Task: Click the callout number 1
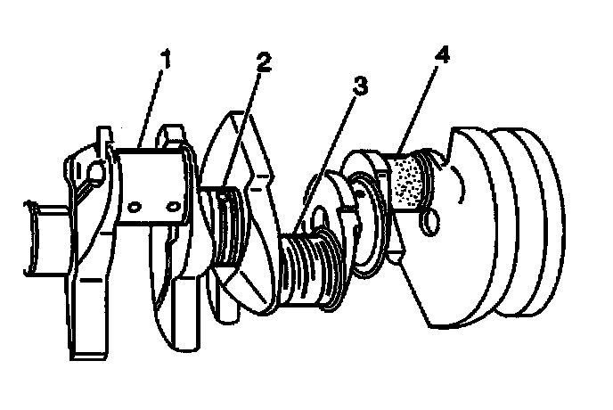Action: coord(166,59)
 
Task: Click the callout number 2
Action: coord(264,62)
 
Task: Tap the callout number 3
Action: coord(360,86)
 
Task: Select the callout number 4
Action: coord(442,55)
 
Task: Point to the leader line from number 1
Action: coord(150,109)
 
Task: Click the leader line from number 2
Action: coord(241,132)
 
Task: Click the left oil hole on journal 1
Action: coord(134,207)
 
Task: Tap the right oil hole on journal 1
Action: coord(173,205)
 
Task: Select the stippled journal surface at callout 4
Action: coord(406,181)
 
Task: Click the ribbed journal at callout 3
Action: coord(309,270)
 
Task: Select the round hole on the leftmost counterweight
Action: coord(97,172)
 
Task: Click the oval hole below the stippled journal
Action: coord(430,222)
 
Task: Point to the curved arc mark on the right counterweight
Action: coord(460,184)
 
